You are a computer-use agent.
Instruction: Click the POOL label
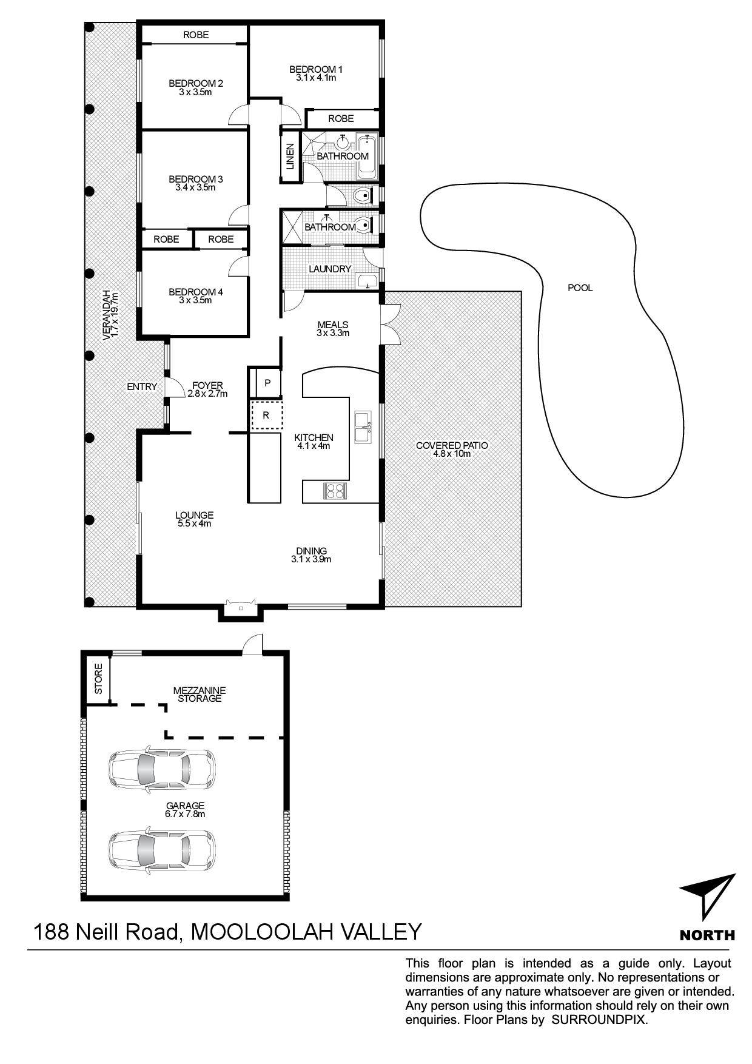(580, 288)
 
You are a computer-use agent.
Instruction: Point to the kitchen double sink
(364, 427)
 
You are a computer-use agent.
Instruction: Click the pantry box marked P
(267, 383)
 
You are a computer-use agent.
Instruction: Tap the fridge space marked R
(266, 416)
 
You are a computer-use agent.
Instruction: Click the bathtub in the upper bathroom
(367, 157)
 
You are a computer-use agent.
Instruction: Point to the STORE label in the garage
(98, 679)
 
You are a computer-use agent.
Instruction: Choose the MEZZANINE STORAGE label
(199, 694)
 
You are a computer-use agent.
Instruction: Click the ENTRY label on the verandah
(142, 386)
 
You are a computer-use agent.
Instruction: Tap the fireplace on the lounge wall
(241, 608)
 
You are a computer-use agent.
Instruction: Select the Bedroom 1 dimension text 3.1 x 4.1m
(316, 78)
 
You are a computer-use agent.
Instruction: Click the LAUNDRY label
(330, 269)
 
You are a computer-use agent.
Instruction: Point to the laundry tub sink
(367, 281)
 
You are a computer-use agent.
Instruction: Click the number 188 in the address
(51, 931)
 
